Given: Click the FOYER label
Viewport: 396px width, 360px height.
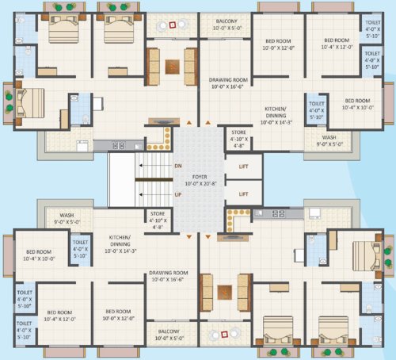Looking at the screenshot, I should pos(199,177).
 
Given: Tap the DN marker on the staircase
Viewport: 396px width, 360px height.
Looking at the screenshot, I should pos(179,166).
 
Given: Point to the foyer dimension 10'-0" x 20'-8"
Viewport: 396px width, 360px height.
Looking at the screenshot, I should pos(199,184).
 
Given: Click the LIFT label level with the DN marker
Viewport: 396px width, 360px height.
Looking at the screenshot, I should pos(244,166).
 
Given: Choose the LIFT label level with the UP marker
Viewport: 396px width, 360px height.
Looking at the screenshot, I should pos(244,193).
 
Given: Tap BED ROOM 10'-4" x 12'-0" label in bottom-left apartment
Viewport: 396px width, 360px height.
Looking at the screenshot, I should pos(61,315).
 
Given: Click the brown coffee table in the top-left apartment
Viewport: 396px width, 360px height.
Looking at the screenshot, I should pos(173,64).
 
